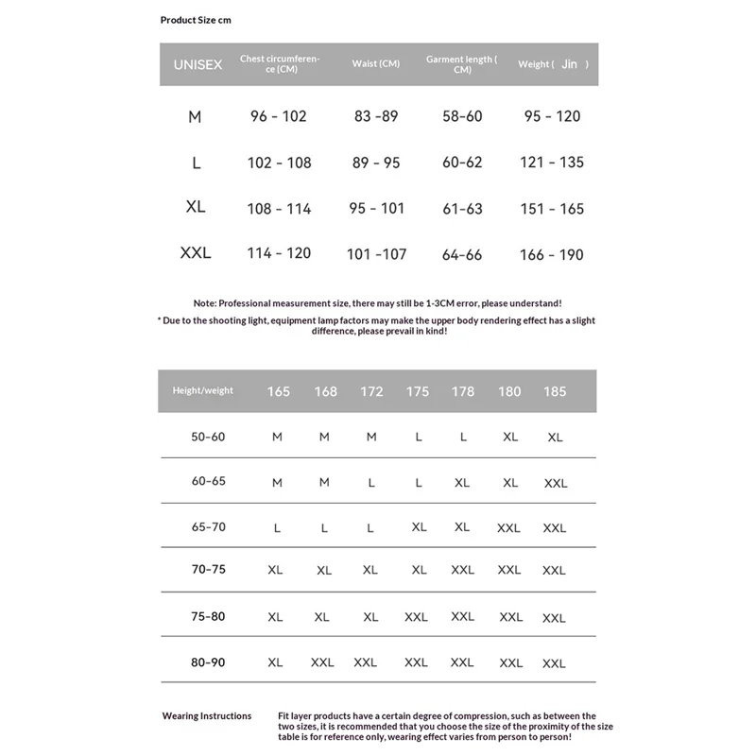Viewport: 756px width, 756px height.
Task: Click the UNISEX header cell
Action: (198, 64)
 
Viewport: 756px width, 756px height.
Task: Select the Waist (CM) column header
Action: (376, 64)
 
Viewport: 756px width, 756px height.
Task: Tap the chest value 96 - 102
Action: (279, 116)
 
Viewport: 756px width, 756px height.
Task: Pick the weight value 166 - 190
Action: (552, 254)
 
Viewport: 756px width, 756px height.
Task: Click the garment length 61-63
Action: (462, 209)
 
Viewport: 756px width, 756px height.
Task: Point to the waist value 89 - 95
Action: (376, 163)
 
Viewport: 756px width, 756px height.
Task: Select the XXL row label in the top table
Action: (196, 253)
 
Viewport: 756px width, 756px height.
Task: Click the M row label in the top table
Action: (195, 117)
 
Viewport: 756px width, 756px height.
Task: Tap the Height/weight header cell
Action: (202, 390)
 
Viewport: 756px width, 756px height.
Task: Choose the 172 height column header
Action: (371, 391)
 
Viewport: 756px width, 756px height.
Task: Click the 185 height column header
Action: (555, 391)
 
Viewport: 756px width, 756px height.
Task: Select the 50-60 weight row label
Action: (208, 437)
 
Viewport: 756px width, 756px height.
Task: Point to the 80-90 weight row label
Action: (208, 662)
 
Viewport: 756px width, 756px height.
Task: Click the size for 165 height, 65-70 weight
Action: (277, 528)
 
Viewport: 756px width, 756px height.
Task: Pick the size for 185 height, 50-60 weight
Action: (555, 438)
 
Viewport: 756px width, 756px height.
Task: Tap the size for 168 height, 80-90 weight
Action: (322, 662)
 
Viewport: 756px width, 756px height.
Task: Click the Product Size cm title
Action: (196, 20)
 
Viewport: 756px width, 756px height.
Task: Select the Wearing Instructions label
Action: (207, 716)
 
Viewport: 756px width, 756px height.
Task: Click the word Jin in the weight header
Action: (569, 64)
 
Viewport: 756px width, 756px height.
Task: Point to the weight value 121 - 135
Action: (552, 163)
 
